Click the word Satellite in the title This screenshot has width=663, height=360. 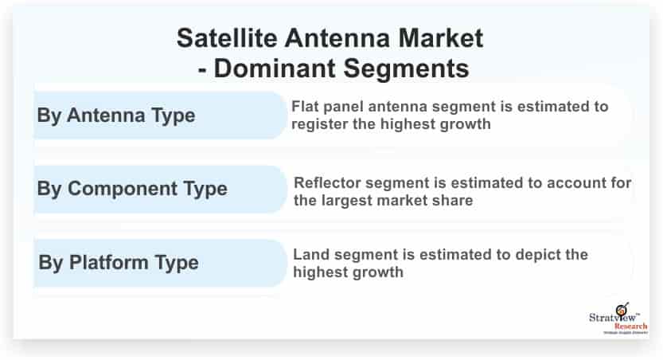227,38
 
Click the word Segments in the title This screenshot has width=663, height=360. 406,69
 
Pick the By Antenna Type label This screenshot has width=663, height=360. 116,115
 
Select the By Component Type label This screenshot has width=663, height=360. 132,189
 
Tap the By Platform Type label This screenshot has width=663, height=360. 119,262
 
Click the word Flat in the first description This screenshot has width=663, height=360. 306,106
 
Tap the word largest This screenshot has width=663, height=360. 351,200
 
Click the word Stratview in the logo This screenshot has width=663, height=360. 612,317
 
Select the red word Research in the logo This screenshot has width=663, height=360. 631,327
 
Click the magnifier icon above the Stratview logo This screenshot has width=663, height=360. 622,309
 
